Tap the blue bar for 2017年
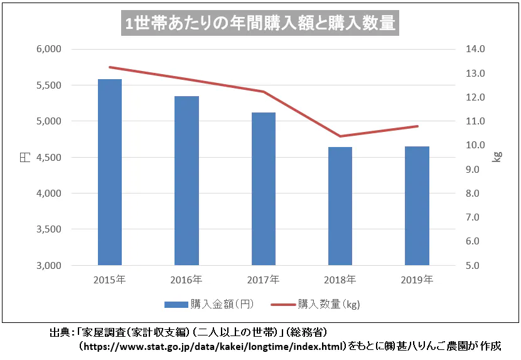click(x=263, y=188)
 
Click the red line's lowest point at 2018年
click(x=340, y=136)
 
